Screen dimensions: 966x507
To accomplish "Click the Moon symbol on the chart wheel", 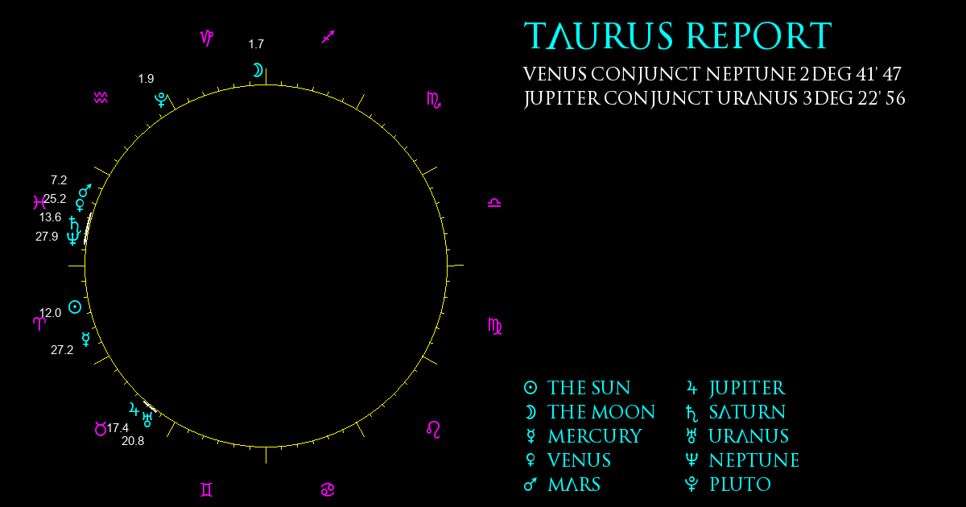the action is point(258,70).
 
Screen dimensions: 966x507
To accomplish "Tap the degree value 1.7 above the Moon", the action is point(256,44).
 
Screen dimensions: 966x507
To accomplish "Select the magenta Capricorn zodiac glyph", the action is point(207,38).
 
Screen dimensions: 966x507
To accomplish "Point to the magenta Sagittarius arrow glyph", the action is point(328,37).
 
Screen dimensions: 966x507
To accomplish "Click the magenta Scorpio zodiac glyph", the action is point(434,100).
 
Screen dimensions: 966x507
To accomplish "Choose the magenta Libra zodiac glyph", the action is point(494,203).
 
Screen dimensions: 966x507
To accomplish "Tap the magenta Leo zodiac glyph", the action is point(433,430).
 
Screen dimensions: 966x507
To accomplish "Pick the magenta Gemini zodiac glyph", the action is point(207,490).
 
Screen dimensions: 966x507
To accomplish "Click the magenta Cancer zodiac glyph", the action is point(328,490).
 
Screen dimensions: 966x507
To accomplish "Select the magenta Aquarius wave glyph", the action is point(101,98).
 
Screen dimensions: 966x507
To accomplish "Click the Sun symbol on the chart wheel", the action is point(75,307).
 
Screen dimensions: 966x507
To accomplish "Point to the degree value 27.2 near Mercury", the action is point(62,350).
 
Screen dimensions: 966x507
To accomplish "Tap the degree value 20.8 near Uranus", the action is point(133,441).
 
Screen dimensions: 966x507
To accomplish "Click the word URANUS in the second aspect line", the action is point(758,98).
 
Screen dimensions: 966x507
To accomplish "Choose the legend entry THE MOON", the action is point(601,412).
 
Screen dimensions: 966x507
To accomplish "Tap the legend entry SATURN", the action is point(747,412).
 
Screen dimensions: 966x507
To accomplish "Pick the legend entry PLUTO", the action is point(740,484).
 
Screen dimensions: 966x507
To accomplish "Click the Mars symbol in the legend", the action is point(530,484).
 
